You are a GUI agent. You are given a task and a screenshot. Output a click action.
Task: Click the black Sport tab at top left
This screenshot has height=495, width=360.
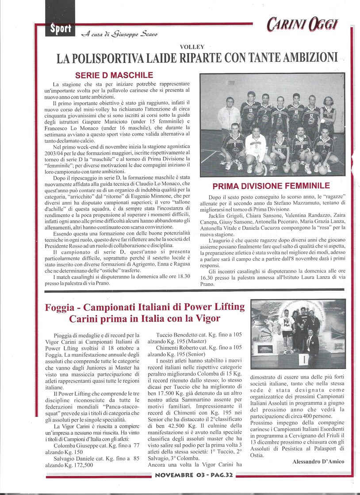[61, 29]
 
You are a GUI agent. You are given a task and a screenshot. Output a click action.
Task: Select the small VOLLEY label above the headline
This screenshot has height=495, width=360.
[192, 46]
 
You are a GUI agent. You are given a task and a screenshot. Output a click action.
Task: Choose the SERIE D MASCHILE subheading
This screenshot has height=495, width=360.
[114, 75]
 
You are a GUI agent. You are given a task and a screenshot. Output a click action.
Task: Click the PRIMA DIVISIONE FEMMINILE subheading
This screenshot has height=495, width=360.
[271, 186]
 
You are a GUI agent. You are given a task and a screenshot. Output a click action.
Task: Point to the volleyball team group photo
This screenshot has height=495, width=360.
[272, 125]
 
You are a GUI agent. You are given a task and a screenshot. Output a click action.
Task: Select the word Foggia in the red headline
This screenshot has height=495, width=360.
[61, 307]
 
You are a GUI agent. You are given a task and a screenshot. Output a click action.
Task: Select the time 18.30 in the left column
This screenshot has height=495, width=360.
[181, 275]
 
